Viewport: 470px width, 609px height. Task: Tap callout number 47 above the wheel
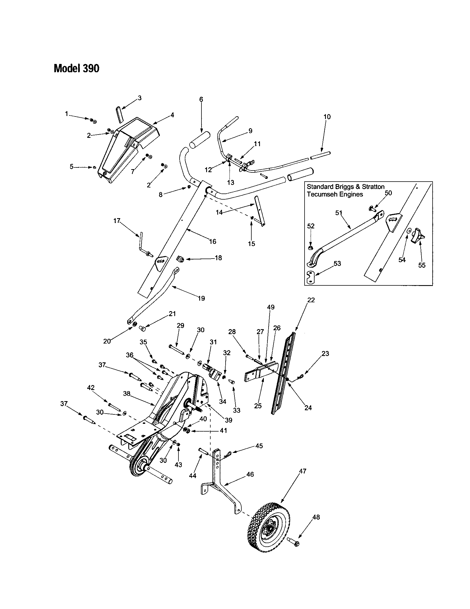tap(303, 471)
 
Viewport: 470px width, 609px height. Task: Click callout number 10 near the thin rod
tap(327, 117)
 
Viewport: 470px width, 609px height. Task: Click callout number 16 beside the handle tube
tap(213, 241)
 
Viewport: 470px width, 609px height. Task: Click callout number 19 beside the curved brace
tap(201, 298)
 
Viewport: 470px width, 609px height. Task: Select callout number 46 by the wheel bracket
tap(250, 474)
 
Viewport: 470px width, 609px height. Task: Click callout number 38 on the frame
tap(127, 394)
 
